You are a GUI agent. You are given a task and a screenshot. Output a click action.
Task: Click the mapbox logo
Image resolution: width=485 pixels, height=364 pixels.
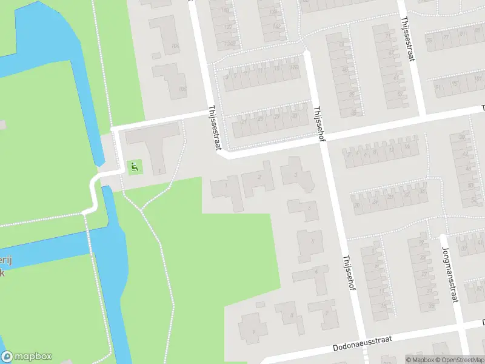27,357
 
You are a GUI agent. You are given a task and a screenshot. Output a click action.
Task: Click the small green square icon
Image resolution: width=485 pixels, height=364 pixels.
134,166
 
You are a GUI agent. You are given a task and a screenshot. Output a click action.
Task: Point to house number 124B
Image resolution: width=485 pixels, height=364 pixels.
229,44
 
